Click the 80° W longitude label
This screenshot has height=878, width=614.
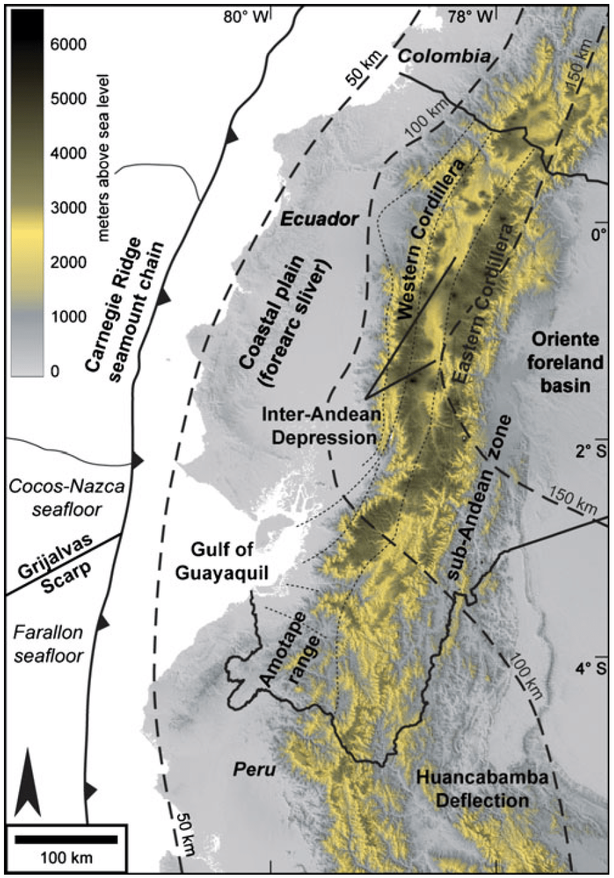tap(245, 17)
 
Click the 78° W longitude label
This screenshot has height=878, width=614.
tap(470, 17)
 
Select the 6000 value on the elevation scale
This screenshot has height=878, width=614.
tap(68, 44)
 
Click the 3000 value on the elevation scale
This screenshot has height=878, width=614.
tap(68, 208)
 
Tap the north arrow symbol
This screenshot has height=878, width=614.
tap(27, 782)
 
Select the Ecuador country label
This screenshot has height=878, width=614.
tap(319, 219)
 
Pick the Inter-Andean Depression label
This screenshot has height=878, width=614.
tap(321, 426)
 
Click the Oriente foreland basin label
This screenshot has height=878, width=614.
tap(565, 362)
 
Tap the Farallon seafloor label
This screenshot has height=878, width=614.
tap(48, 644)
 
